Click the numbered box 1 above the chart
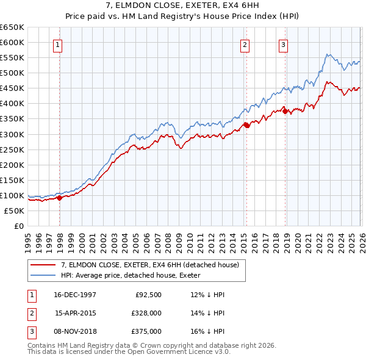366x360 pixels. [x=57, y=44]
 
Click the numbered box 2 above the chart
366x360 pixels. [x=244, y=44]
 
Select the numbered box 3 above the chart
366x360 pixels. [x=284, y=44]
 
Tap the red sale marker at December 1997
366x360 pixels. [x=60, y=198]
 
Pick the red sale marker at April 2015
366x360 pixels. [x=246, y=125]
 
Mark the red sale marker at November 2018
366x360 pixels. [x=285, y=111]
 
